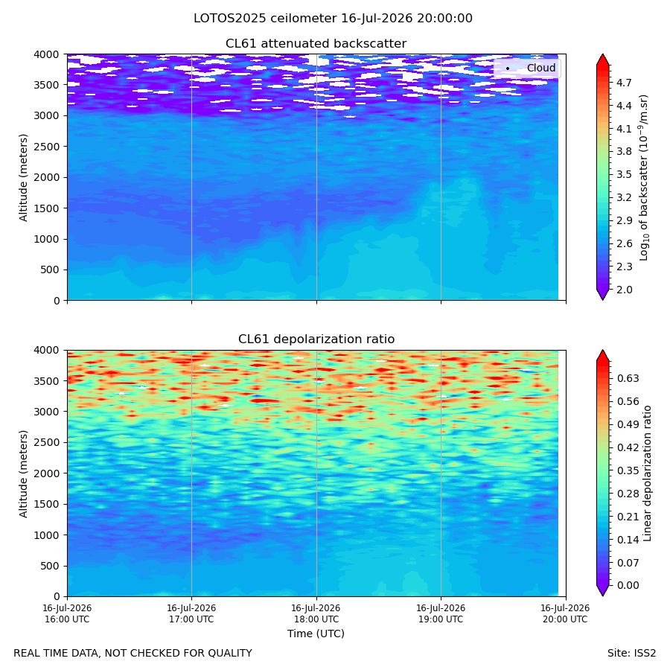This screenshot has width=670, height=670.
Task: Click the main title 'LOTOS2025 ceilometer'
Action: click(x=265, y=19)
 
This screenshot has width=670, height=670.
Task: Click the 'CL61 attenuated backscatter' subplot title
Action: click(x=316, y=44)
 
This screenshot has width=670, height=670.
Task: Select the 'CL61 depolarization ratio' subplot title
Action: click(x=316, y=339)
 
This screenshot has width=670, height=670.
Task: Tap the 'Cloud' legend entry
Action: click(x=541, y=68)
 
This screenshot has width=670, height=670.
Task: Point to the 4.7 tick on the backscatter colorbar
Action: click(x=624, y=83)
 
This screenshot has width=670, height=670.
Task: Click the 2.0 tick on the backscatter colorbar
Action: click(x=624, y=290)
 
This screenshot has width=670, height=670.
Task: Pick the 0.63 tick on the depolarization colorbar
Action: click(x=628, y=378)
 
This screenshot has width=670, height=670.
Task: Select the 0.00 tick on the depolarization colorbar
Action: click(x=628, y=585)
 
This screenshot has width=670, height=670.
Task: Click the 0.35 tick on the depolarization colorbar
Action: click(x=628, y=470)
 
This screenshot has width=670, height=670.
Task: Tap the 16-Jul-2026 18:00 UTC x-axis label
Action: click(x=316, y=613)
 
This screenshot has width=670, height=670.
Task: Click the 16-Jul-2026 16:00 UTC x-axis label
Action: click(x=67, y=613)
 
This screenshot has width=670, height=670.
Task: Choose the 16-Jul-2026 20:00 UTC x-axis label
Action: click(x=565, y=613)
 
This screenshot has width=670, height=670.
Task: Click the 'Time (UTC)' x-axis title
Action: click(x=316, y=634)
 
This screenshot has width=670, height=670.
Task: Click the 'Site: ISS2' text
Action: click(x=631, y=653)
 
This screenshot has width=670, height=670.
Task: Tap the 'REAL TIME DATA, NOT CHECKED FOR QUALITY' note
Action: click(x=133, y=653)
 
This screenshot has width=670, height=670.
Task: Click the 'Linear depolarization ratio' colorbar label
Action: click(x=648, y=473)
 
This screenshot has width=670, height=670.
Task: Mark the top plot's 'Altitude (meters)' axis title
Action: click(x=23, y=177)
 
